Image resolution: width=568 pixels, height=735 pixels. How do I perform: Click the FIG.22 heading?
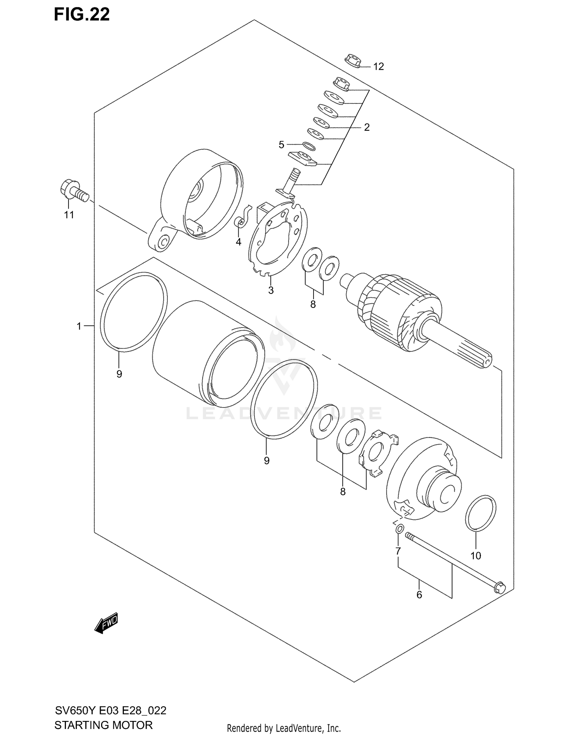82,14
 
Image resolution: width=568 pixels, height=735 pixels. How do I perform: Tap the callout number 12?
378,67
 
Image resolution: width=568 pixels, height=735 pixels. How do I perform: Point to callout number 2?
367,127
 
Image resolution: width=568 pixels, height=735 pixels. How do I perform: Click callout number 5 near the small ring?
281,145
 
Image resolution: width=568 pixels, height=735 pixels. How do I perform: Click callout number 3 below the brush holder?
271,290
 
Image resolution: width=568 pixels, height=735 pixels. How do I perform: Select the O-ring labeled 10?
481,513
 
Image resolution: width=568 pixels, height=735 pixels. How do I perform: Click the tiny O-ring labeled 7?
399,529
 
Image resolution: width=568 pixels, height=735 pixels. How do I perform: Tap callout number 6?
419,595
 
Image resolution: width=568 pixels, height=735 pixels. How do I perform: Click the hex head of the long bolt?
499,587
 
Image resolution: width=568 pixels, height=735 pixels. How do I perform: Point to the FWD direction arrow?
106,623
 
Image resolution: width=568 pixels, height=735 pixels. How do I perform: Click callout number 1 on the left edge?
79,326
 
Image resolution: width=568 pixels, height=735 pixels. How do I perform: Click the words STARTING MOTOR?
103,725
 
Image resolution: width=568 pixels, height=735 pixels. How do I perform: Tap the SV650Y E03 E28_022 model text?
110,710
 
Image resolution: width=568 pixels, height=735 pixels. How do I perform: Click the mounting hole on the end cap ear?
164,242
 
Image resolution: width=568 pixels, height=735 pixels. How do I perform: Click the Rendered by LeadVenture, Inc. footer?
284,728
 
